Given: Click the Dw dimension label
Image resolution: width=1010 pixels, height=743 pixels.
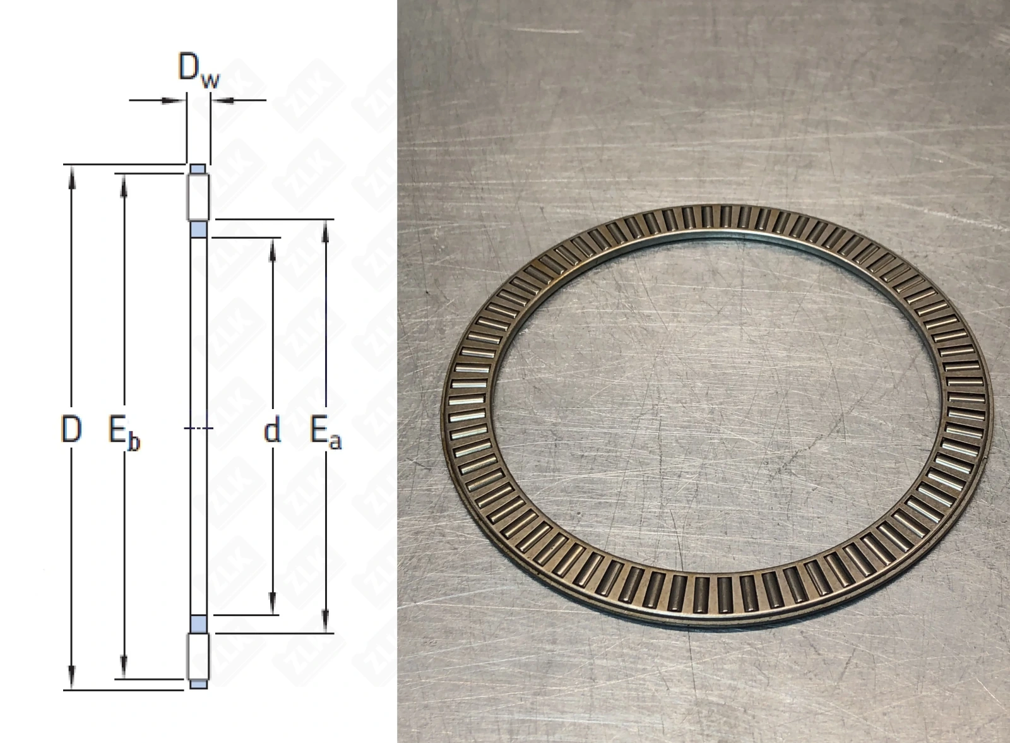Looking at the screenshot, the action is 199,70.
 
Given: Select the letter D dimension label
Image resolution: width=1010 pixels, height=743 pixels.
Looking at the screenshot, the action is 71,429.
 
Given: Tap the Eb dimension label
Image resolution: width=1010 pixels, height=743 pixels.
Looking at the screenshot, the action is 124,434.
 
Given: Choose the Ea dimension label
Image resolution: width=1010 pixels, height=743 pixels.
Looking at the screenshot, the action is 326,433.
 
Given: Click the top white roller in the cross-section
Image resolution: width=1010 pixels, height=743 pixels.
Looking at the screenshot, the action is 198,197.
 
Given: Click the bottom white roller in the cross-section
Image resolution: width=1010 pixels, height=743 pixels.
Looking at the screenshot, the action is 198,657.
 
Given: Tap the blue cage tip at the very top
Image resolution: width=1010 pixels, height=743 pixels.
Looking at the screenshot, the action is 198,169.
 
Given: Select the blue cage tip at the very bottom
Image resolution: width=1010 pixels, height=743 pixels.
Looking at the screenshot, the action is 198,684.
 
